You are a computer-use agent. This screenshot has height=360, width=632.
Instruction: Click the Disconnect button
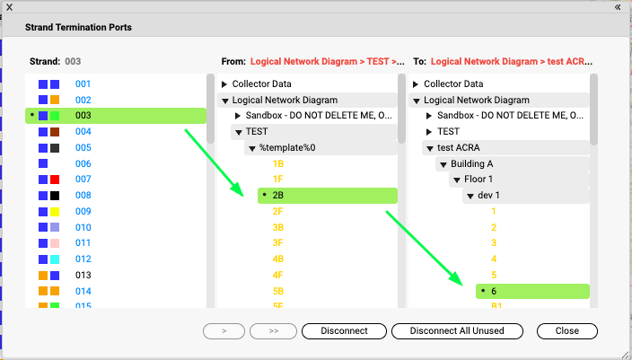point(344,331)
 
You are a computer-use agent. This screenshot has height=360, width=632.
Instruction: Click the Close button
point(567,331)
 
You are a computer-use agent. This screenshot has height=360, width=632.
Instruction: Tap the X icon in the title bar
point(9,7)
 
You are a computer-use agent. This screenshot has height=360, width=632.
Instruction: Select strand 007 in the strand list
point(83,179)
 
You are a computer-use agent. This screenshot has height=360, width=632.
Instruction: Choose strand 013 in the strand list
point(83,276)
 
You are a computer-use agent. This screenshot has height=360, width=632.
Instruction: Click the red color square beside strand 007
point(55,180)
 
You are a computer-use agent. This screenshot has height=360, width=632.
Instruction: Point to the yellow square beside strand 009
point(55,212)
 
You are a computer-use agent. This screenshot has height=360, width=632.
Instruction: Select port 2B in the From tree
point(278,196)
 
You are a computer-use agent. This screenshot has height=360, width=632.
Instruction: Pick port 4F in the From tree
point(277,276)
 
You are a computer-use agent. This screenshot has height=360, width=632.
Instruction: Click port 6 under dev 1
point(494,292)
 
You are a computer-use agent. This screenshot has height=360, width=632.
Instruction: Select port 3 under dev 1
point(494,243)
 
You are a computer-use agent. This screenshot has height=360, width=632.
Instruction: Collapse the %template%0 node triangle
point(252,148)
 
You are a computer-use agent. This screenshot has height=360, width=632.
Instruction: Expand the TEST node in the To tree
point(429,132)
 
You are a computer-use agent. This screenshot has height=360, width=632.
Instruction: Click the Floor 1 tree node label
point(478,179)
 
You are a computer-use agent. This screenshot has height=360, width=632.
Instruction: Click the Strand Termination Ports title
point(78,28)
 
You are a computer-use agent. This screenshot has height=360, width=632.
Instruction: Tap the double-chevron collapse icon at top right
point(618,7)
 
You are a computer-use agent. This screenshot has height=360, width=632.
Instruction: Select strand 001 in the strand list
point(83,83)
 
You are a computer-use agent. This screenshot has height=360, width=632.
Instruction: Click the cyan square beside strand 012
point(55,259)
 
